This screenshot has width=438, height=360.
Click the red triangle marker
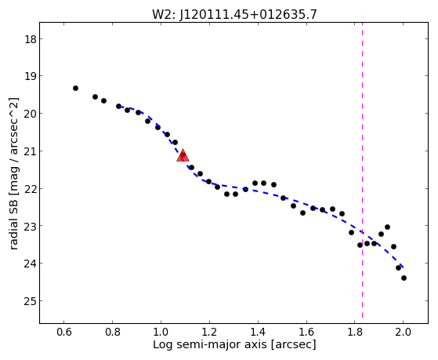tap(183, 155)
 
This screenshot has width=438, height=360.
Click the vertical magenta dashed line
tap(362, 170)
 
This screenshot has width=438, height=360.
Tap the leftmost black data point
tap(75, 88)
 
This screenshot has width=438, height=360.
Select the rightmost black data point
tap(404, 278)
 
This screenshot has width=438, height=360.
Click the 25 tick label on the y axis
tap(31, 301)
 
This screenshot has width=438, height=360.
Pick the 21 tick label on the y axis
tap(31, 151)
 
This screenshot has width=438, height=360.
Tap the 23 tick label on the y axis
tap(31, 226)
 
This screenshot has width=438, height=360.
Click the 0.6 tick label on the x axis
tap(64, 332)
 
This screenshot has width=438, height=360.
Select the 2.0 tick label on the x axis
tap(403, 332)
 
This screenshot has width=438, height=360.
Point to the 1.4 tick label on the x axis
tap(258, 332)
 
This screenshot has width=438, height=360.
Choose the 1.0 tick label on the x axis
tap(161, 332)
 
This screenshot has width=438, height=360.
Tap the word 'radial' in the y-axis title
tap(13, 236)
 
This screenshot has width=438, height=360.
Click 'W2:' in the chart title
tap(164, 15)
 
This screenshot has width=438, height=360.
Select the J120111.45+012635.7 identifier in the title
tap(248, 15)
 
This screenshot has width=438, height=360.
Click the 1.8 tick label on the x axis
tap(354, 332)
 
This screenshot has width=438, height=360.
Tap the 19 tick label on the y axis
tap(31, 76)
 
